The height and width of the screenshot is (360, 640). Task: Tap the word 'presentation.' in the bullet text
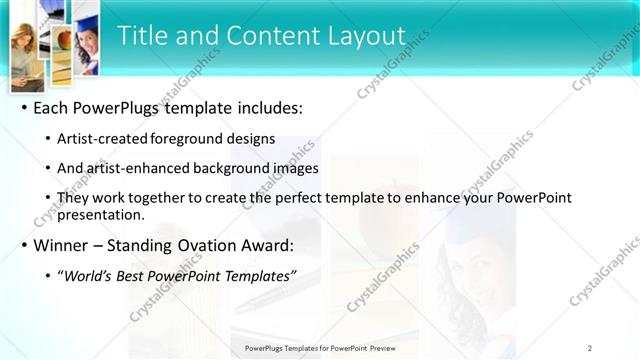[101, 214]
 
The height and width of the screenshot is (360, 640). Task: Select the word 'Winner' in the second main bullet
[62, 245]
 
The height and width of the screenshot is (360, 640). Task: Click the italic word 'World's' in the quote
[91, 275]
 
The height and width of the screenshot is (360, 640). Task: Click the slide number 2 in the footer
[589, 348]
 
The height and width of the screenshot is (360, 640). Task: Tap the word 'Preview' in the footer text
[381, 348]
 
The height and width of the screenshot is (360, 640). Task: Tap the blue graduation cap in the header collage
[89, 23]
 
